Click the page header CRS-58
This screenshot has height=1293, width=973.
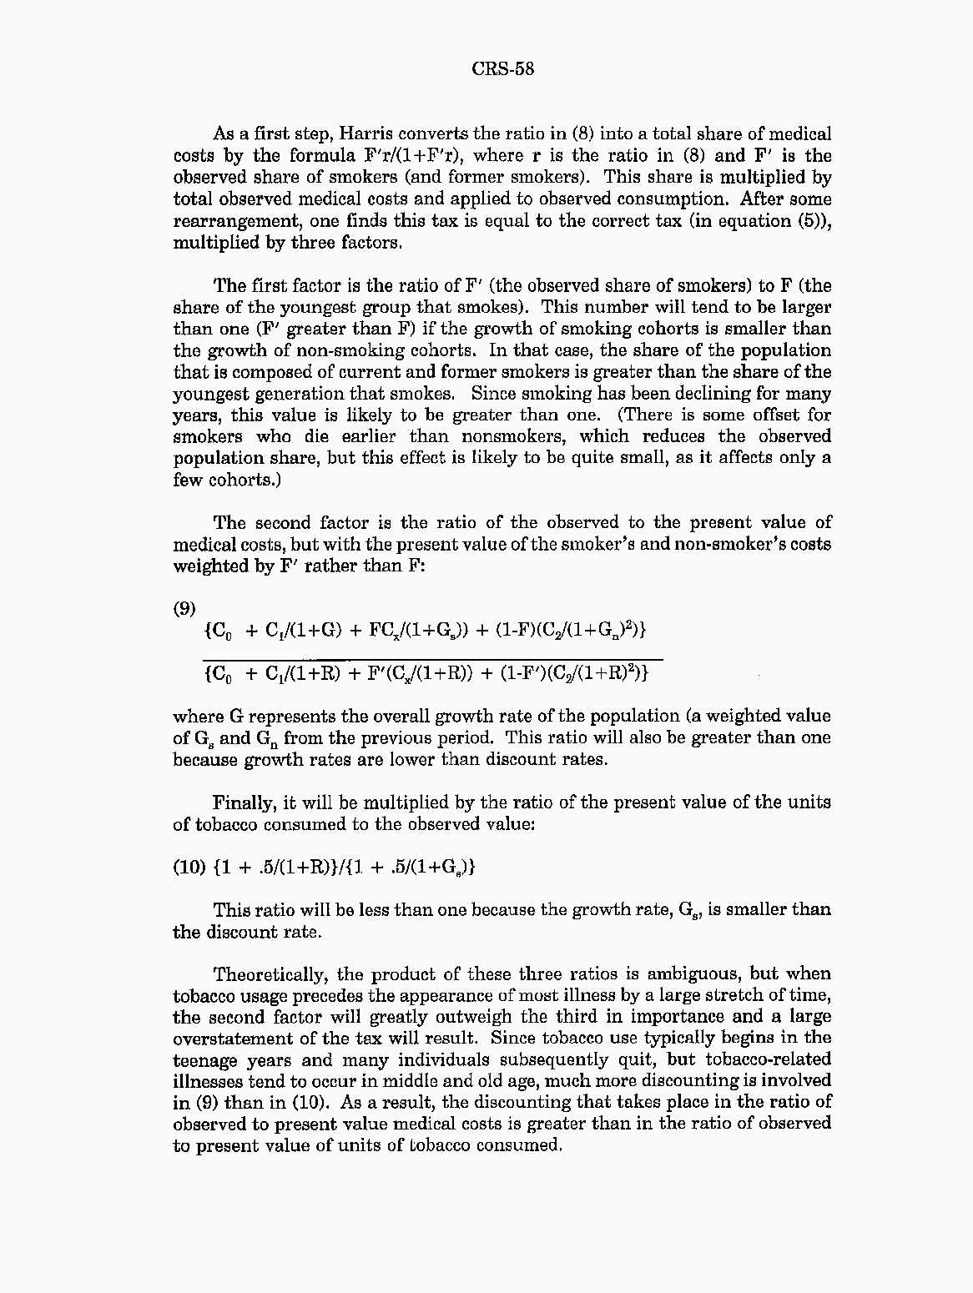pos(502,68)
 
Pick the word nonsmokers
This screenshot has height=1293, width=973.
pos(511,436)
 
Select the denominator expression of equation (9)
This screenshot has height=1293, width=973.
pos(426,673)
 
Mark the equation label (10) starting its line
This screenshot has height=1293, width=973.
pos(189,867)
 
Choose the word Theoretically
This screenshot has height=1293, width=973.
pos(272,974)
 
